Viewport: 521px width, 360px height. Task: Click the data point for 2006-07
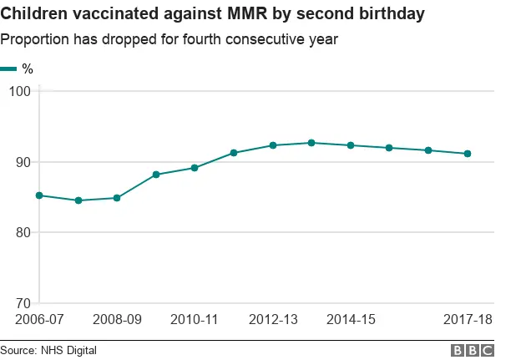tap(39, 195)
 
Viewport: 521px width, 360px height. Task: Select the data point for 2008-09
tap(117, 198)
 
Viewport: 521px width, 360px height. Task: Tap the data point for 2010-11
tap(195, 168)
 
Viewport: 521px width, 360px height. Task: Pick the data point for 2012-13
tap(273, 145)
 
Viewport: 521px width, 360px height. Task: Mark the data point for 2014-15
tap(351, 145)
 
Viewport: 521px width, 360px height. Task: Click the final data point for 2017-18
tap(468, 154)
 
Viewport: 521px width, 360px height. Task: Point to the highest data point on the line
tap(311, 143)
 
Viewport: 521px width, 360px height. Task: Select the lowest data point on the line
tap(78, 200)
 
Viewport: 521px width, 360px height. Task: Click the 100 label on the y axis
tap(21, 91)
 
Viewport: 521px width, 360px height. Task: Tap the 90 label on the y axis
tap(24, 162)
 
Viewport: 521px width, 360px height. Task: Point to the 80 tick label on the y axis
tap(24, 233)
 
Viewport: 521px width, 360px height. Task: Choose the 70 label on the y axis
tap(24, 303)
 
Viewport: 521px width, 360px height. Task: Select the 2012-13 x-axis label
tap(273, 320)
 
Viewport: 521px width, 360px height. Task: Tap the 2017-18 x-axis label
tap(468, 320)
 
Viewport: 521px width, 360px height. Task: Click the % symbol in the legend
tap(28, 69)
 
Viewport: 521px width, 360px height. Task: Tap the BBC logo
tap(473, 350)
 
